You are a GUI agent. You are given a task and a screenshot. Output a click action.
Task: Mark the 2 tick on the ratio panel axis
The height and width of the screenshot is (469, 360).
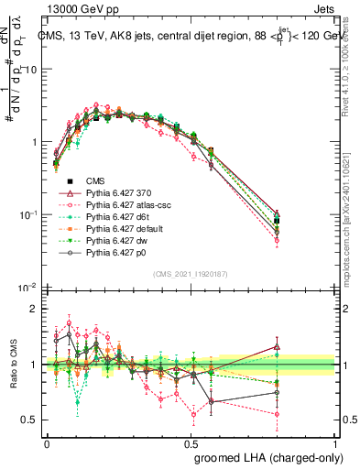click(32, 309)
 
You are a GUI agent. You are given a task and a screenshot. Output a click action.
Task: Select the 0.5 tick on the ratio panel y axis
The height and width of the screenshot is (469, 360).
click(28, 420)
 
